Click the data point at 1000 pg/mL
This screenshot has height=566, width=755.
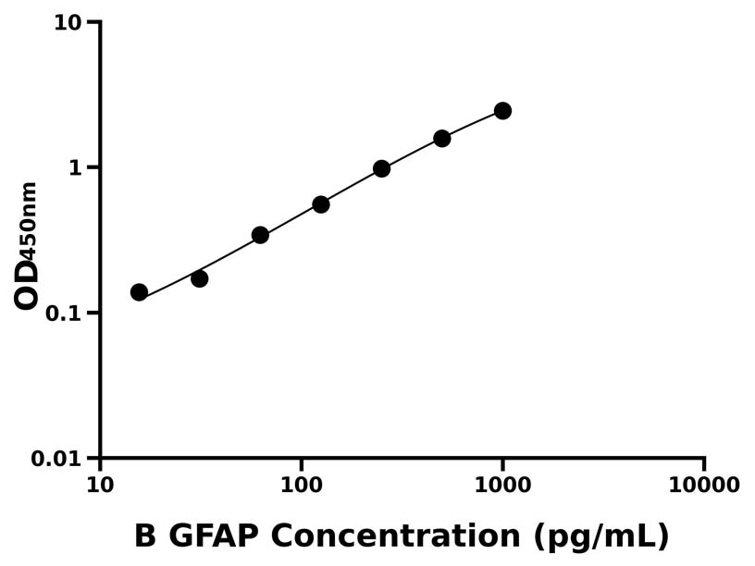click(502, 111)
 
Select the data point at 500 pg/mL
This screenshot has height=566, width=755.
click(442, 139)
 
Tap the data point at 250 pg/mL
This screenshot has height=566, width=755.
click(381, 168)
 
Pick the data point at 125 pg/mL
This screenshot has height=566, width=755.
click(321, 204)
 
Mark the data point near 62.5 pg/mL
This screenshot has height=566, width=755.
click(260, 235)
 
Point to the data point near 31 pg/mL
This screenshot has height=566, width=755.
click(200, 278)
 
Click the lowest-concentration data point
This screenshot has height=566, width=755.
click(139, 292)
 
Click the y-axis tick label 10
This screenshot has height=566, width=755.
click(68, 22)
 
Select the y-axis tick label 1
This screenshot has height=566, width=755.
click(75, 167)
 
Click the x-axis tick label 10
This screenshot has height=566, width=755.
click(100, 485)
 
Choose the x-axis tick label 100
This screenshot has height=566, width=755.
click(301, 485)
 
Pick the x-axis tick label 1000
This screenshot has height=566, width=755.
click(502, 485)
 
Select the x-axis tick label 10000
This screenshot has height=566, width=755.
click(703, 485)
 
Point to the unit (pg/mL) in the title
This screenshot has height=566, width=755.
click(600, 537)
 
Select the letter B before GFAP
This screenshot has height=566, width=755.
click(146, 536)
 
